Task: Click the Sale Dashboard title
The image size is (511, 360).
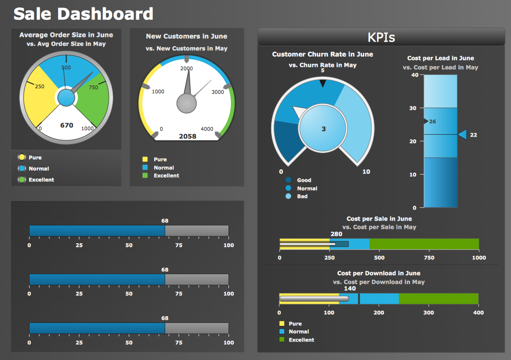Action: (x=83, y=14)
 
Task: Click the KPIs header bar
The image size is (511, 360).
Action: (x=381, y=37)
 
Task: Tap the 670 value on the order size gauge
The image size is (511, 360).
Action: (x=66, y=125)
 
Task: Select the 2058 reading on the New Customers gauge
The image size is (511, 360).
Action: (x=187, y=136)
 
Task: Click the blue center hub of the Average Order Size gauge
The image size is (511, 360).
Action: (x=66, y=98)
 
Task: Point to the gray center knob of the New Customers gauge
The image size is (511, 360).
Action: (x=186, y=103)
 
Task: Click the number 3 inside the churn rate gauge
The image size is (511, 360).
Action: (x=323, y=129)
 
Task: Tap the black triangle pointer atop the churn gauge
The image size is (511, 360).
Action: (x=323, y=83)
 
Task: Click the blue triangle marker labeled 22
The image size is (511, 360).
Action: (x=463, y=135)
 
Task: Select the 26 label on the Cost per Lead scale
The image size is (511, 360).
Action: (x=432, y=122)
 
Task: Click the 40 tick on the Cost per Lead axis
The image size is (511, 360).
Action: (x=414, y=75)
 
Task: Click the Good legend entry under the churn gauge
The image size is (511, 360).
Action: (x=304, y=180)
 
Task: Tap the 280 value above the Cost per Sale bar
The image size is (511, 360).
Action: (x=337, y=234)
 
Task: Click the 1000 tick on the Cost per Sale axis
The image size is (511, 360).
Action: (x=479, y=258)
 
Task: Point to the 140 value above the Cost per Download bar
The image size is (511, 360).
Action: (x=350, y=288)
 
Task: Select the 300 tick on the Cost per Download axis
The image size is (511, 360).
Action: (x=428, y=312)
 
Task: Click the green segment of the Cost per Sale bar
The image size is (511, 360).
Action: (x=424, y=244)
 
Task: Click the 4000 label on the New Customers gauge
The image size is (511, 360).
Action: (x=207, y=129)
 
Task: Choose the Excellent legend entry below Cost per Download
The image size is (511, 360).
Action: (x=301, y=340)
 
